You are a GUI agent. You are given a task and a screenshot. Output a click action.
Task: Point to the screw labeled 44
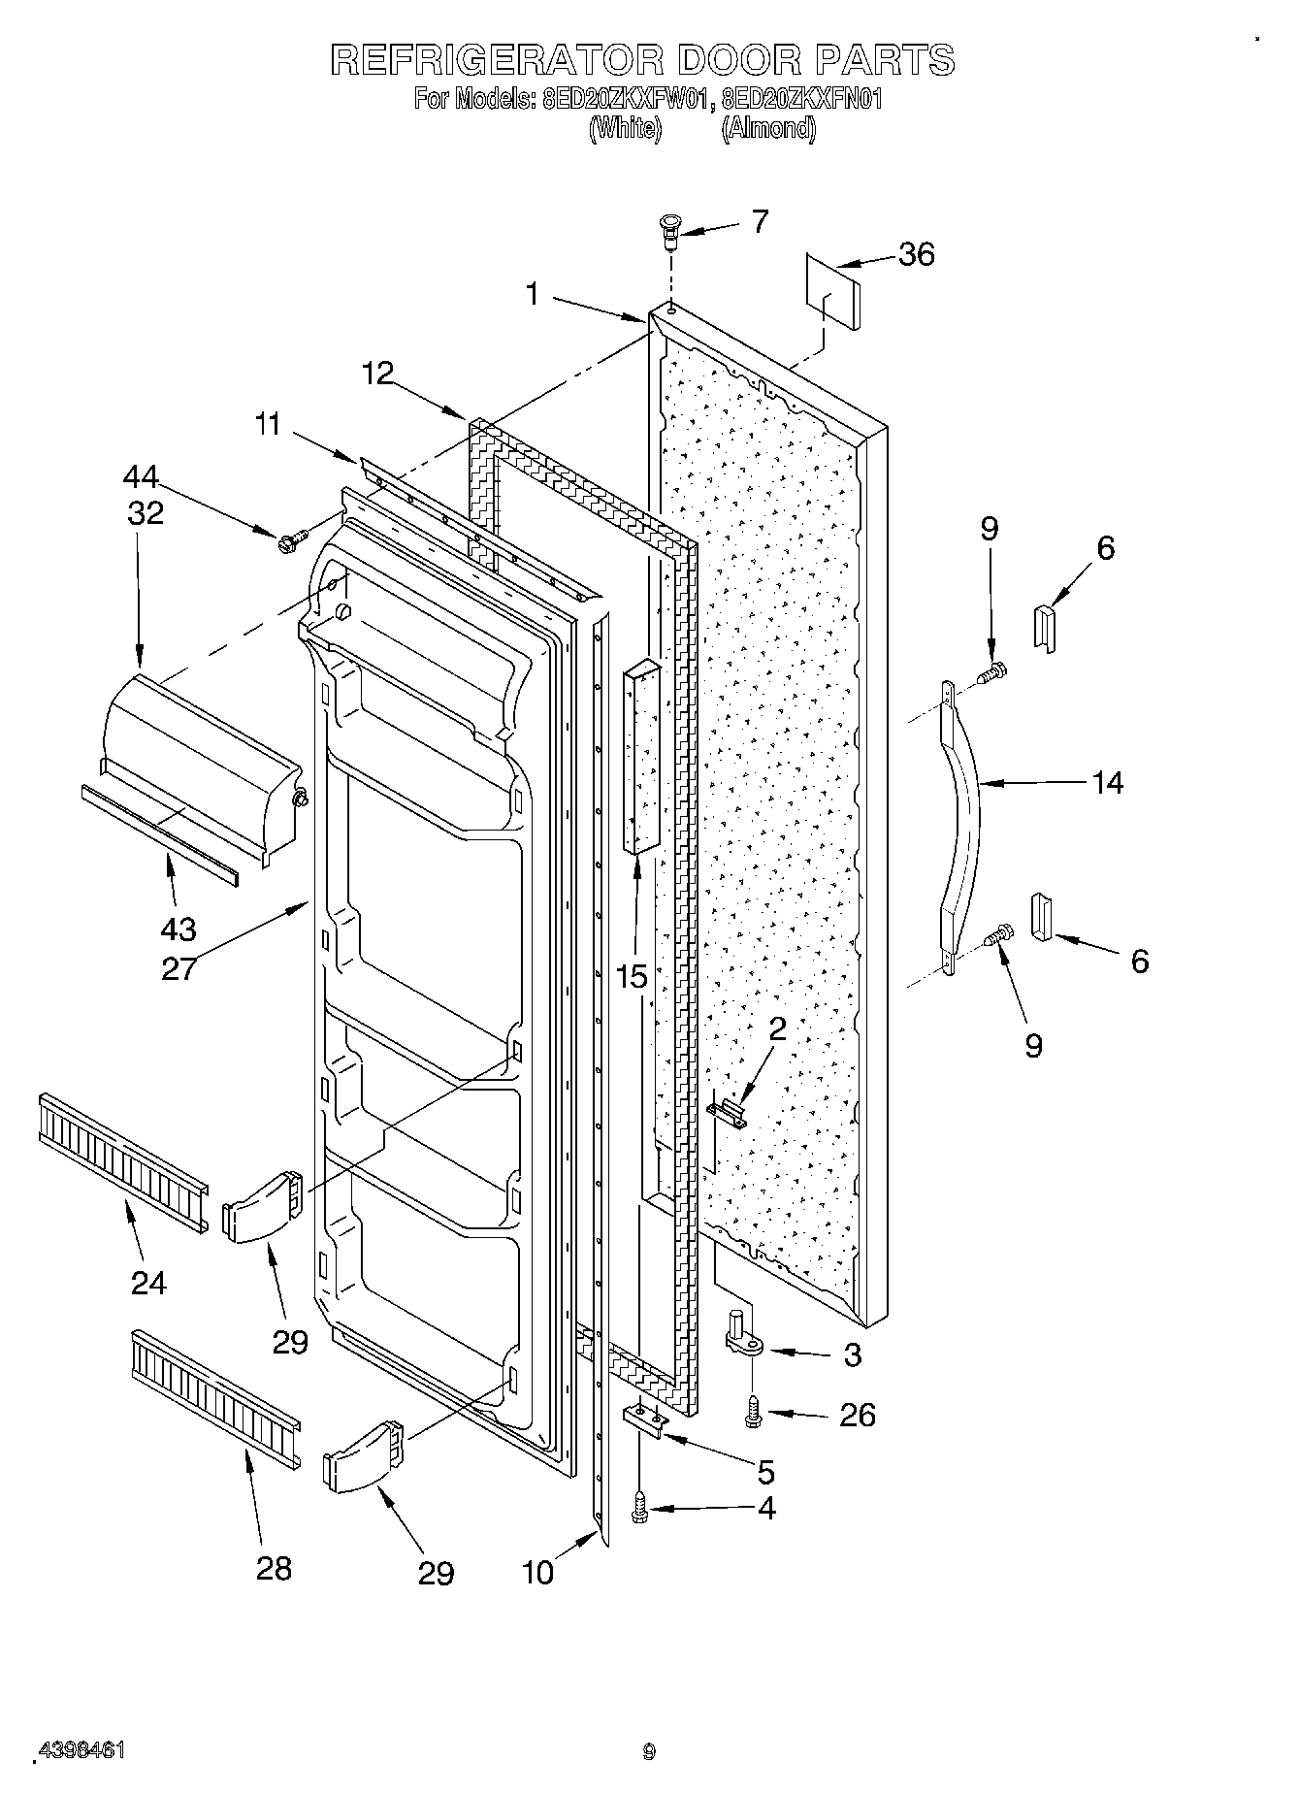pos(290,538)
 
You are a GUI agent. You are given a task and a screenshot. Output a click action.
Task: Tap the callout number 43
pos(179,930)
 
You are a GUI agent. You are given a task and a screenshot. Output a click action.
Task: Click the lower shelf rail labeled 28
pos(214,1396)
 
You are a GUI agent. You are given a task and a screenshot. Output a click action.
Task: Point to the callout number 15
pos(632,976)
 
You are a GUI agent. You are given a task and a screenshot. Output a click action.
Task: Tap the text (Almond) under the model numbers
pos(768,128)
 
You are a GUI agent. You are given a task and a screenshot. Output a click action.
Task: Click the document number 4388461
pos(81,1748)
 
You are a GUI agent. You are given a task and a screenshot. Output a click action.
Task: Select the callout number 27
pos(179,968)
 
